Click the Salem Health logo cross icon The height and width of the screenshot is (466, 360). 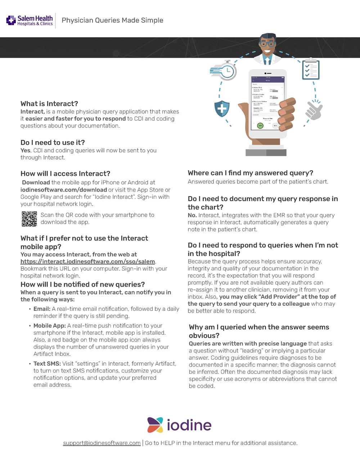coord(11,20)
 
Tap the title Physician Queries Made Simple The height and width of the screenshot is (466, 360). coord(112,21)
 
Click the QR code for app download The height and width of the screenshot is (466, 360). coord(29,219)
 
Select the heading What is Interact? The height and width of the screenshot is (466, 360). coord(49,104)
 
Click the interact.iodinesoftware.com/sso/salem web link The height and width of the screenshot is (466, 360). coord(87,262)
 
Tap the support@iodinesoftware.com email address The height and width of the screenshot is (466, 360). coord(102,443)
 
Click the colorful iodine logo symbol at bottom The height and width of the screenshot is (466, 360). coord(155,425)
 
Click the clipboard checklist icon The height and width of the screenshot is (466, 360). coord(311,69)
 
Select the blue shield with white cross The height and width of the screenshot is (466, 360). coord(222,108)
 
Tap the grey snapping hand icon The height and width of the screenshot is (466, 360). coord(314,110)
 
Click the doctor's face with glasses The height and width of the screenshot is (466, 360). coord(267,45)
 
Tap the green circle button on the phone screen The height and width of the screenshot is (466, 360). coord(260,125)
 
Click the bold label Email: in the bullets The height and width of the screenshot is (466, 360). coord(42,309)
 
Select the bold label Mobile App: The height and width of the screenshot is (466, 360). coord(49,326)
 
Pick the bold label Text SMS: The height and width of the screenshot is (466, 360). coord(47,364)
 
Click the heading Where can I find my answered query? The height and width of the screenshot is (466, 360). coord(250,173)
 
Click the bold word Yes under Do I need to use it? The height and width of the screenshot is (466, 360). coord(25,151)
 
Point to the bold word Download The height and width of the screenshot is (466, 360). coord(36,183)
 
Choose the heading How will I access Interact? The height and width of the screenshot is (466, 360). coord(65,174)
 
